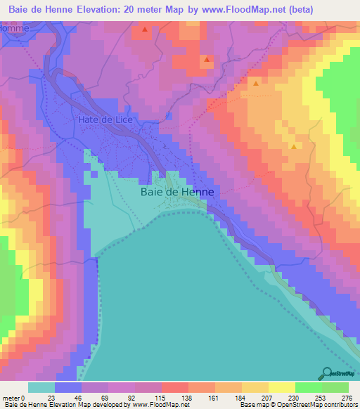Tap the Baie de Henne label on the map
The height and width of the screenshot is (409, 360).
pyautogui.click(x=176, y=190)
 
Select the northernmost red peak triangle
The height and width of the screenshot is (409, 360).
pyautogui.click(x=144, y=30)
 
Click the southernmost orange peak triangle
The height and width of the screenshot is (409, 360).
pyautogui.click(x=293, y=146)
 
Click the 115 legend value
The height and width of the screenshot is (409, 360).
pyautogui.click(x=161, y=398)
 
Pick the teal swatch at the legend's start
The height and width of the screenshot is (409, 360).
pyautogui.click(x=41, y=387)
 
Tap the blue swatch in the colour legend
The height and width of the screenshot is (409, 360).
pyautogui.click(x=67, y=387)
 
